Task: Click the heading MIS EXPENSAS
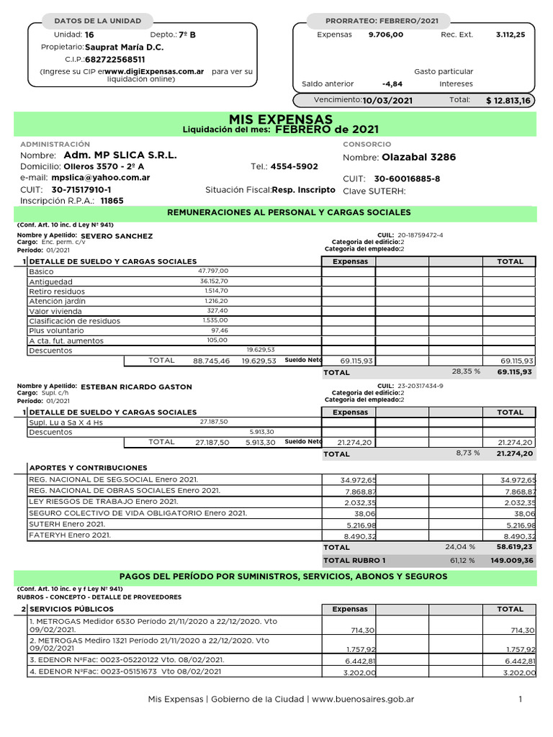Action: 281,119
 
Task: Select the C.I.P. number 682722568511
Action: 115,59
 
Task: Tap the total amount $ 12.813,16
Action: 508,101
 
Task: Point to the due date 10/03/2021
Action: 388,101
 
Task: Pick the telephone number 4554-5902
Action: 294,166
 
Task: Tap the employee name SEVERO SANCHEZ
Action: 117,236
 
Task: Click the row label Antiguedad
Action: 50,281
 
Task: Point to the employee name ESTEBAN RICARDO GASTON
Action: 137,386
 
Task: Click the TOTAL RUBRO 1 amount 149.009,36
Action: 512,560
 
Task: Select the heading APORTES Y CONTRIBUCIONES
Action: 88,468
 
